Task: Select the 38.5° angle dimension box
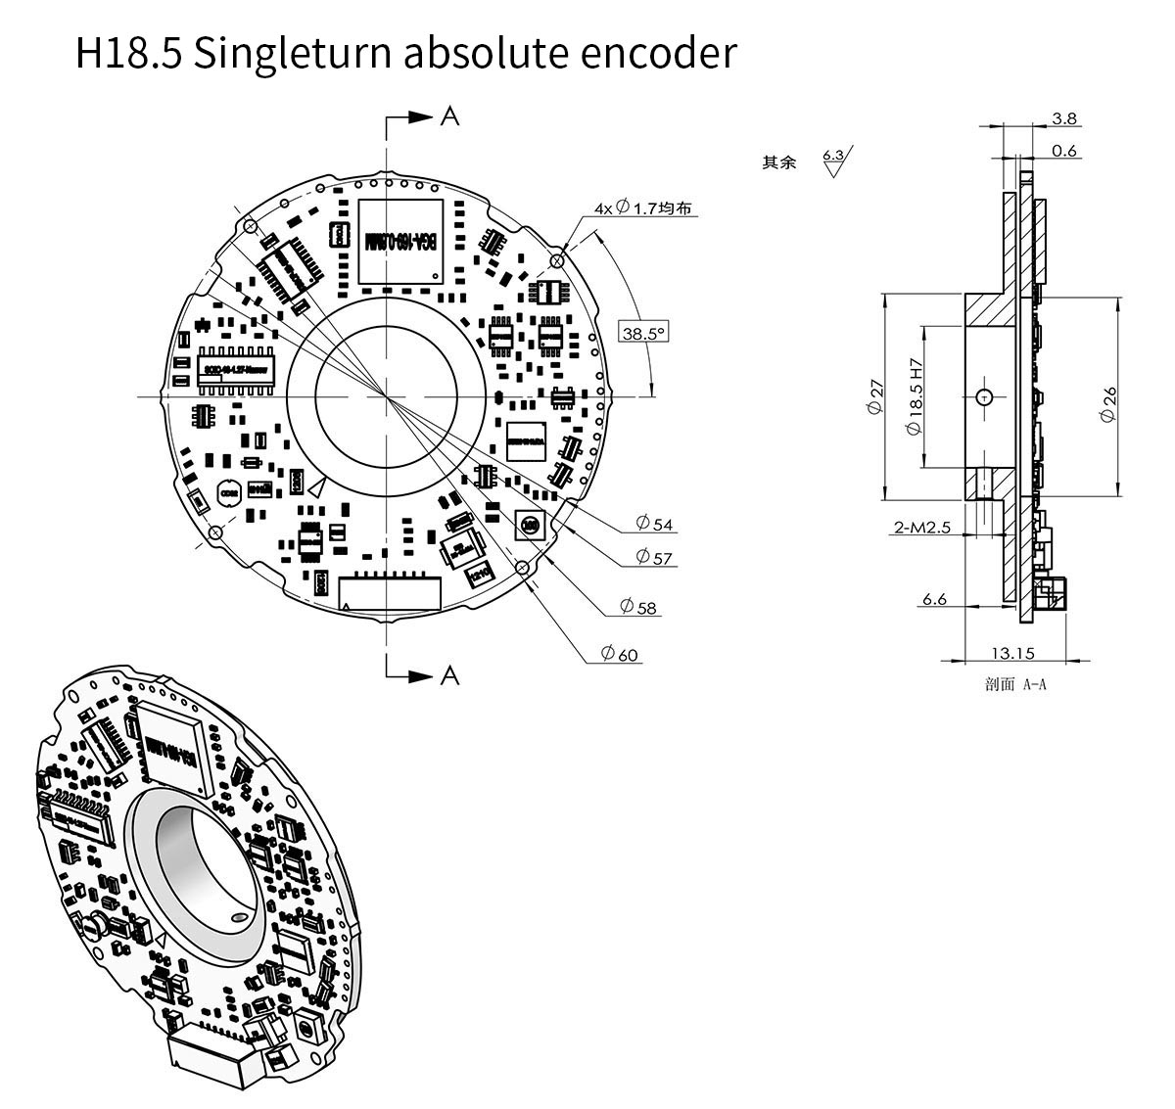643,333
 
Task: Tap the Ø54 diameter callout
655,525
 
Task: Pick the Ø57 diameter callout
654,557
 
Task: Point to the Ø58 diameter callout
638,608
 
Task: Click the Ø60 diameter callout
620,654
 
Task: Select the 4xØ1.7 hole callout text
646,208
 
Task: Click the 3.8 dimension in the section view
1064,118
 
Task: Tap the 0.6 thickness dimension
1064,150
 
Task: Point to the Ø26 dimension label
1108,403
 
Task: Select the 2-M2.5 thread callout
921,528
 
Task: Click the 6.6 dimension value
934,599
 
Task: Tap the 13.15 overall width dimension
1011,653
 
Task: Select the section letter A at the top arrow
449,116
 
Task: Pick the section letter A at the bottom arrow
449,675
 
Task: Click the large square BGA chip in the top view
400,242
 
